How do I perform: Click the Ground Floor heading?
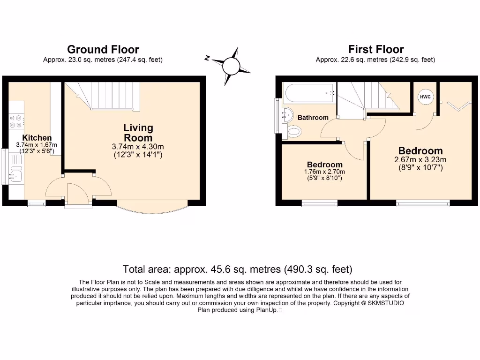click(x=103, y=49)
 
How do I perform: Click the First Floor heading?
click(x=375, y=49)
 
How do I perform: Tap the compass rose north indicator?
click(x=231, y=66)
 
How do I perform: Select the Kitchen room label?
click(x=37, y=138)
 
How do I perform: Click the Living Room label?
click(x=138, y=133)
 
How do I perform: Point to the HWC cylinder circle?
click(x=425, y=97)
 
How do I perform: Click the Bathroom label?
click(x=313, y=117)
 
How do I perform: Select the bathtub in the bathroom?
click(x=309, y=93)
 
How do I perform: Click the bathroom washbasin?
click(x=288, y=113)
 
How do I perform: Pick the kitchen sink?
click(x=15, y=174)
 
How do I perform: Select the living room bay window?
click(x=153, y=209)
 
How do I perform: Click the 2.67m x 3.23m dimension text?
click(x=420, y=159)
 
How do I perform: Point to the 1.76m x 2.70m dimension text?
click(x=324, y=172)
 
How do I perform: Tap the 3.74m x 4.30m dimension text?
click(x=137, y=147)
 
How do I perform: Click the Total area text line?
click(x=237, y=270)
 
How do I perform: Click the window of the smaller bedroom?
click(x=319, y=203)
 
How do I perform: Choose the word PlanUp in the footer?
click(x=266, y=310)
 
